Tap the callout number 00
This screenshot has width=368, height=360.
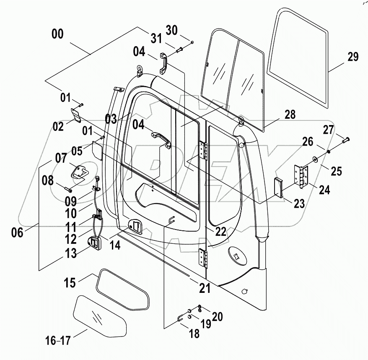[57, 34]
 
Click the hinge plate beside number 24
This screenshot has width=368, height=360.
[302, 176]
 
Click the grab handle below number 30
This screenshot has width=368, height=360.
[164, 61]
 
